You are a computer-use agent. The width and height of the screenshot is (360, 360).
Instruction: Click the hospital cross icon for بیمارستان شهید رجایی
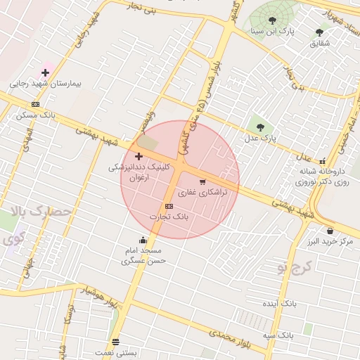(46, 72)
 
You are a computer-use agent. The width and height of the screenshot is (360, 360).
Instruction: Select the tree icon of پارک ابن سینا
(272, 20)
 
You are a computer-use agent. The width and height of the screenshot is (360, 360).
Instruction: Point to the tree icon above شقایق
(319, 32)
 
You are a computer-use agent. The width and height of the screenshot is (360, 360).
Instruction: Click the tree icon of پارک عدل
(261, 127)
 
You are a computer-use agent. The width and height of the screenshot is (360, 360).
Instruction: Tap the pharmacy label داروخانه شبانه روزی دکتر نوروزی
(322, 176)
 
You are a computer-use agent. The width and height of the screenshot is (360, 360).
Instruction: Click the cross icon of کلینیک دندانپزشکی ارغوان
(139, 156)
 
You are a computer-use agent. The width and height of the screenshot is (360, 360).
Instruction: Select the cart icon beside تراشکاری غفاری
(202, 181)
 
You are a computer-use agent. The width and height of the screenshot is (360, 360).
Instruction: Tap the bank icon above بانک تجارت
(169, 206)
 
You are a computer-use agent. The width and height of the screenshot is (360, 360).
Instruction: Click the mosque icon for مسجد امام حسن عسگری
(143, 240)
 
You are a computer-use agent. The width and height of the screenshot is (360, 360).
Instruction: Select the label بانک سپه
(278, 335)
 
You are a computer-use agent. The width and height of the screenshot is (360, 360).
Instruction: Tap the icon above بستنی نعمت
(116, 341)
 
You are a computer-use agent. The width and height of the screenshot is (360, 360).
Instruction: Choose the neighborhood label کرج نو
(295, 267)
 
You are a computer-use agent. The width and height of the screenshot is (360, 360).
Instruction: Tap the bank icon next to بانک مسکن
(35, 105)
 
